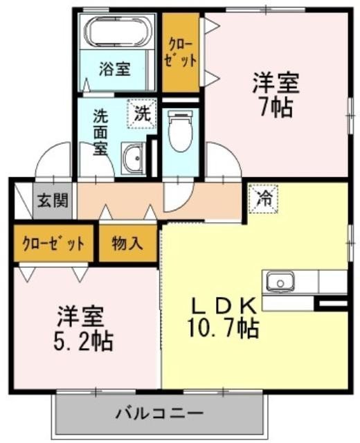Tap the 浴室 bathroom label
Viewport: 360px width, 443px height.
point(114,69)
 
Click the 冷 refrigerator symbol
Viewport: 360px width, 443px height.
point(264,198)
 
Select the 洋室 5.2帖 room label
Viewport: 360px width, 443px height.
point(80,328)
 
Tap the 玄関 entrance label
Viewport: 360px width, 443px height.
point(52,201)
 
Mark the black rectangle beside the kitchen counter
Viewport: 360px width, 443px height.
point(330,302)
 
